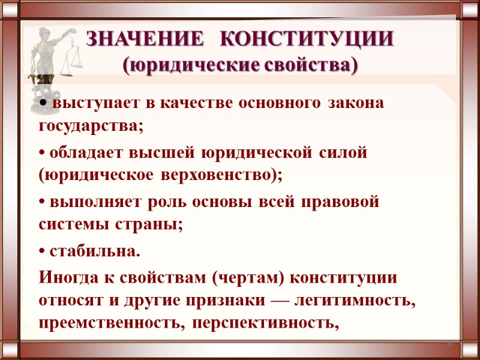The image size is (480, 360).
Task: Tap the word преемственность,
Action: click(x=109, y=325)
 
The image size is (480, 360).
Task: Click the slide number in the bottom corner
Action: click(x=449, y=343)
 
